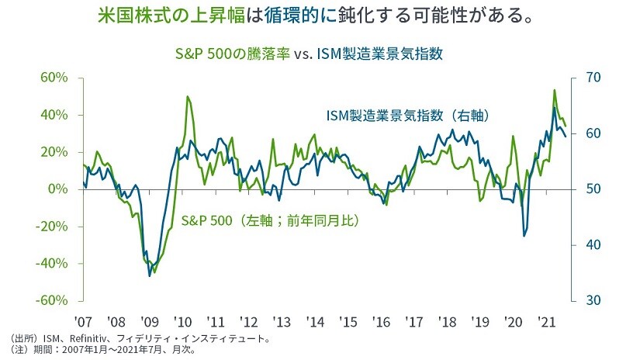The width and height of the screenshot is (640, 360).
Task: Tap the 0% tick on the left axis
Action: tap(64, 189)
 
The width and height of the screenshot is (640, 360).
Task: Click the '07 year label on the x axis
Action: tap(83, 320)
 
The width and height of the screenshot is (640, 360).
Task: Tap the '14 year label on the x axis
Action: tap(314, 320)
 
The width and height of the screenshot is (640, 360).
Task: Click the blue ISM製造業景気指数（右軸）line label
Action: tap(406, 116)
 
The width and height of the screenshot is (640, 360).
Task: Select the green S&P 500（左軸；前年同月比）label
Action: tap(272, 221)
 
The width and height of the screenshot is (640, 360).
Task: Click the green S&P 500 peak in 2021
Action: tap(554, 90)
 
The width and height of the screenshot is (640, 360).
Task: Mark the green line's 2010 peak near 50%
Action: tap(188, 97)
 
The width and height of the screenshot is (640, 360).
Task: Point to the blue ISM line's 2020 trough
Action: tap(524, 236)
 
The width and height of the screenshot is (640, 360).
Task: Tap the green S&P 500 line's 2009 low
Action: tap(154, 272)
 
